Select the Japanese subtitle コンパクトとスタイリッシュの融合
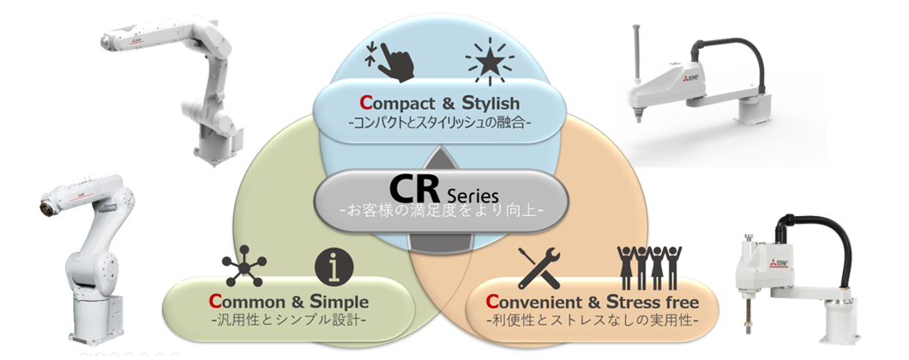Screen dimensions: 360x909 point(441,123)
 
